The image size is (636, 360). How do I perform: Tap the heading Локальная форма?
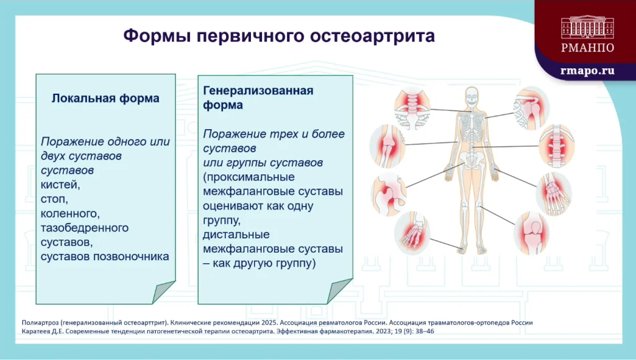[105, 99]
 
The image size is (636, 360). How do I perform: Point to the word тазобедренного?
[84, 228]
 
